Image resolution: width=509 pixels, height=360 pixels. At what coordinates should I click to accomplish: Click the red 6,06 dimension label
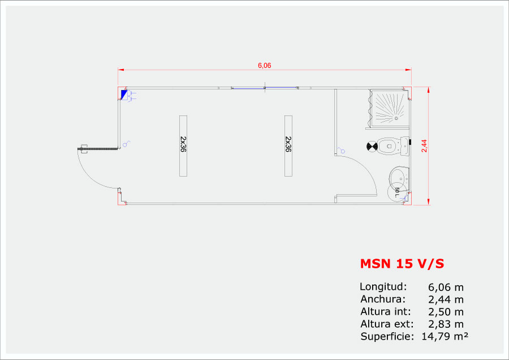[264, 65]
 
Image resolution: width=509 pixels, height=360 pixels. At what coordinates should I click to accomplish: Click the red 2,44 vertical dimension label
[424, 146]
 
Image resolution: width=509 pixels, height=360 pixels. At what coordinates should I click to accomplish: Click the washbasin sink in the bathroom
[399, 179]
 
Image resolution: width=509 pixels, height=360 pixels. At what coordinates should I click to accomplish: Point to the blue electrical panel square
[124, 95]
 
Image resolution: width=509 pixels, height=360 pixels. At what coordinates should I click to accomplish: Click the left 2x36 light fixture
[183, 146]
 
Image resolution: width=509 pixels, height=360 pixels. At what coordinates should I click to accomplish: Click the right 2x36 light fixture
[288, 146]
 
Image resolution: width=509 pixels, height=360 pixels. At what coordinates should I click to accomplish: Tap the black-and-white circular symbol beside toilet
[372, 147]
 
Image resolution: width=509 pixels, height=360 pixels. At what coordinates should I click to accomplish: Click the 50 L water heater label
[397, 192]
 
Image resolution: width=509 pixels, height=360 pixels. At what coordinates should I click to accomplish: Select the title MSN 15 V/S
[402, 264]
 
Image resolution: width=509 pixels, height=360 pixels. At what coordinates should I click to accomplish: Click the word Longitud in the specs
[383, 286]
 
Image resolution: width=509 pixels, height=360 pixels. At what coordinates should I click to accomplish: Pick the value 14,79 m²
[445, 336]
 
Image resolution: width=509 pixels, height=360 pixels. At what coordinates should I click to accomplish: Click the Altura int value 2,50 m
[446, 312]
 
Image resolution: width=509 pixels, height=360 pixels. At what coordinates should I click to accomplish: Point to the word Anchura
[383, 299]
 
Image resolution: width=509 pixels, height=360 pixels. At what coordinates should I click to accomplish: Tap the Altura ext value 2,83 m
[446, 324]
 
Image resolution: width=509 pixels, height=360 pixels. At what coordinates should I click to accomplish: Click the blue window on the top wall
[265, 88]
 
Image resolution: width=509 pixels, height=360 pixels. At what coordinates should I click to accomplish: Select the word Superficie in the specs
[387, 337]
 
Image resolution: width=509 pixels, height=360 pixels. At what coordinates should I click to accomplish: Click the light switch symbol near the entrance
[126, 144]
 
